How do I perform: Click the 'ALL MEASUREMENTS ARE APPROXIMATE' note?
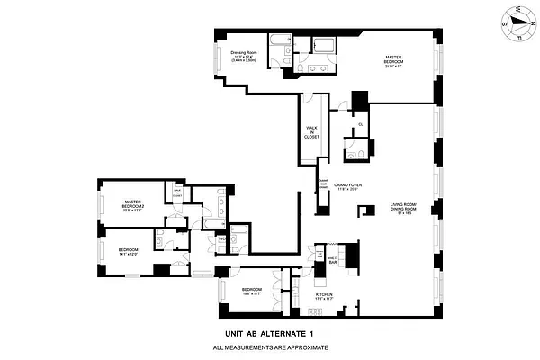click(269, 347)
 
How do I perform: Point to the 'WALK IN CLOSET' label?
click(312, 131)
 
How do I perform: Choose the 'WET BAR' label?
click(331, 258)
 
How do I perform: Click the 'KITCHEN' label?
click(324, 294)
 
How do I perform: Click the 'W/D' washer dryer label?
click(220, 239)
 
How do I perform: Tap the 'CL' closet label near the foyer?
click(360, 124)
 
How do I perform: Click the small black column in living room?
click(366, 210)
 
